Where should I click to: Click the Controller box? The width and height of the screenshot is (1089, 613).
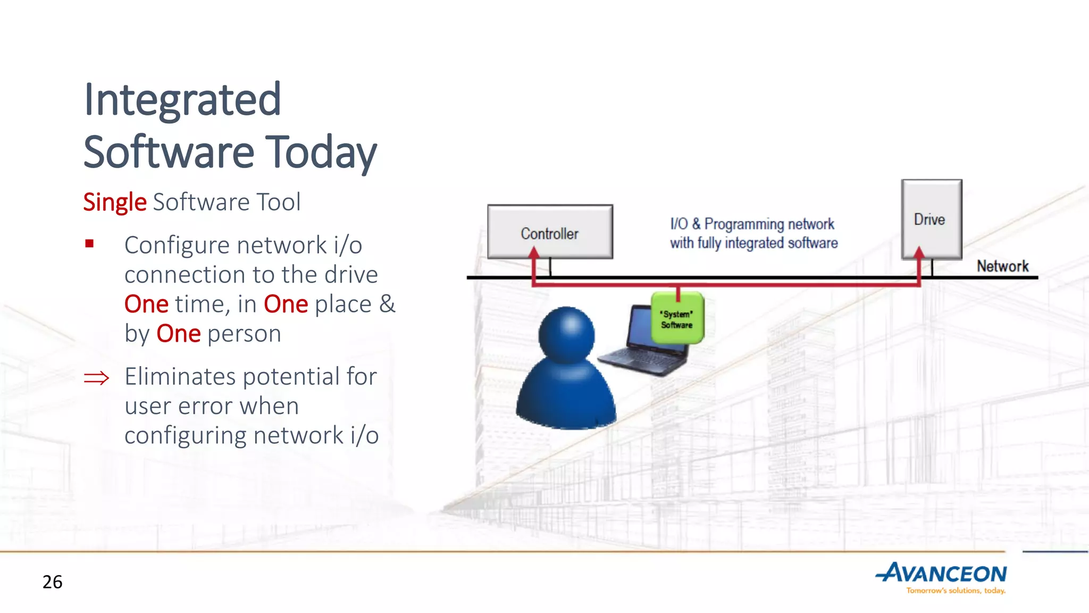click(x=550, y=233)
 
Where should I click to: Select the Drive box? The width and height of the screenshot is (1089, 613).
click(x=931, y=219)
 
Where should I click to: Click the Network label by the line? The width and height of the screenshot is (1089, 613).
click(x=1002, y=266)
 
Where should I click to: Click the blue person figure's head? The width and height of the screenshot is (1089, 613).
click(x=566, y=334)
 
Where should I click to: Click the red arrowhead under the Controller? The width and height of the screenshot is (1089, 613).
click(x=534, y=253)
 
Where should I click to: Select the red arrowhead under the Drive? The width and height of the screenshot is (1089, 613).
click(x=919, y=252)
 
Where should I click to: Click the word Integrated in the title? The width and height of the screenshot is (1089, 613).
click(x=182, y=100)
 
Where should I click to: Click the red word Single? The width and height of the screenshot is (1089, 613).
click(x=114, y=202)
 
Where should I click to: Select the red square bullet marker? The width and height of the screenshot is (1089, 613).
click(x=89, y=244)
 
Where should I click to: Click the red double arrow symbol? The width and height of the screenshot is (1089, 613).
click(x=96, y=378)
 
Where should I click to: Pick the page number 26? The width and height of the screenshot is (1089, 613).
click(x=52, y=582)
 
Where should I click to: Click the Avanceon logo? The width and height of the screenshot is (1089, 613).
click(x=941, y=574)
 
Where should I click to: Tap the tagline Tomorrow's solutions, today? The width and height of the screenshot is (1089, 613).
click(x=956, y=591)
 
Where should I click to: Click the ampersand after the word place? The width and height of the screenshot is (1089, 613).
click(x=387, y=304)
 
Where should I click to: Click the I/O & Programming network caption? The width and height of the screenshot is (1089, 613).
click(x=753, y=233)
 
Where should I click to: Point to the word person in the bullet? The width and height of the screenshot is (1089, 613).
click(x=244, y=334)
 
